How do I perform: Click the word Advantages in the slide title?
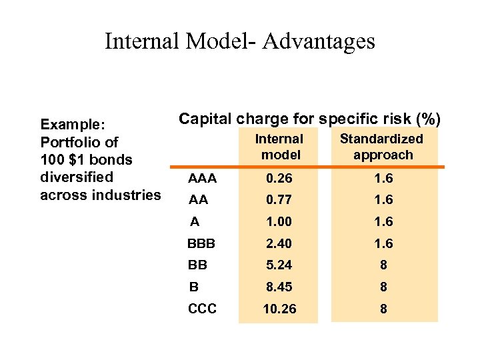click(319, 41)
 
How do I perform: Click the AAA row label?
click(201, 178)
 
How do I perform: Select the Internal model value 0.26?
click(278, 178)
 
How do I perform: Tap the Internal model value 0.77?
click(278, 199)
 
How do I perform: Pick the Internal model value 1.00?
click(278, 221)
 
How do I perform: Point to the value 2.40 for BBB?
click(278, 243)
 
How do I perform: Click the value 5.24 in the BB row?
click(278, 265)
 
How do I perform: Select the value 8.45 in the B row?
click(278, 287)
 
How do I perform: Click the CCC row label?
click(202, 309)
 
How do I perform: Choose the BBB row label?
click(202, 243)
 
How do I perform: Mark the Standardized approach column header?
click(382, 147)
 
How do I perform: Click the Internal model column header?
click(279, 147)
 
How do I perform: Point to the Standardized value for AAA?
click(383, 178)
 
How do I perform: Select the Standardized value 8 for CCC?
click(383, 309)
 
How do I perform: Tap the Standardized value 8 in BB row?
click(383, 265)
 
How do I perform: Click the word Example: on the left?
click(70, 124)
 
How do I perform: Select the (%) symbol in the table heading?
click(427, 119)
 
